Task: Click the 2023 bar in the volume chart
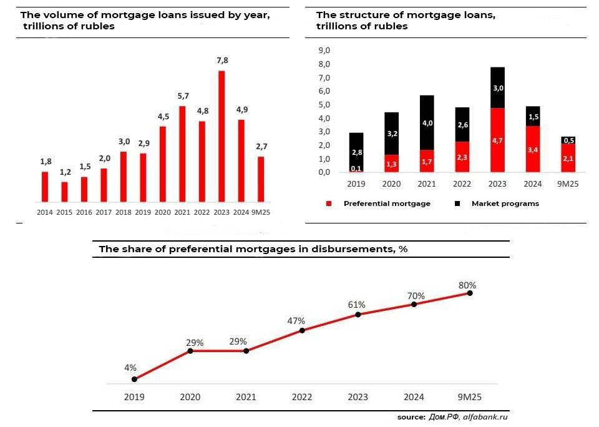pyautogui.click(x=221, y=136)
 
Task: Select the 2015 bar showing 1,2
pyautogui.click(x=64, y=192)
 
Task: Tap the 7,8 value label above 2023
pyautogui.click(x=222, y=61)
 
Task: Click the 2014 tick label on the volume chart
pyautogui.click(x=45, y=212)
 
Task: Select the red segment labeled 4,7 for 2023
pyautogui.click(x=497, y=140)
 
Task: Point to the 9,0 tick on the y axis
pyautogui.click(x=324, y=51)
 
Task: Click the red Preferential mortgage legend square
pyautogui.click(x=328, y=204)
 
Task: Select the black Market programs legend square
pyautogui.click(x=457, y=204)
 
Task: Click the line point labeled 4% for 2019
pyautogui.click(x=134, y=379)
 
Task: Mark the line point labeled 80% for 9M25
pyautogui.click(x=470, y=293)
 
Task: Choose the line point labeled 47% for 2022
pyautogui.click(x=302, y=330)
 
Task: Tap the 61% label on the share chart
pyautogui.click(x=356, y=305)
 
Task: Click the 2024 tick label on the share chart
pyautogui.click(x=414, y=397)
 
